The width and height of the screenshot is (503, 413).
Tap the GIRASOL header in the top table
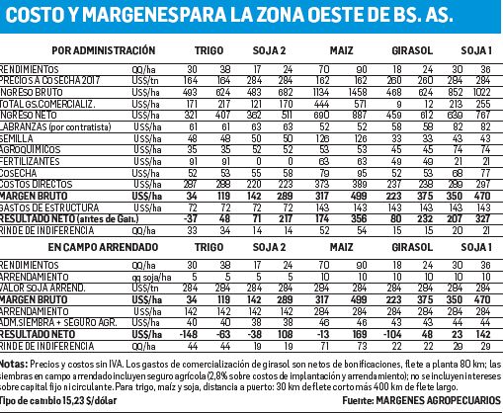point(408,47)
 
